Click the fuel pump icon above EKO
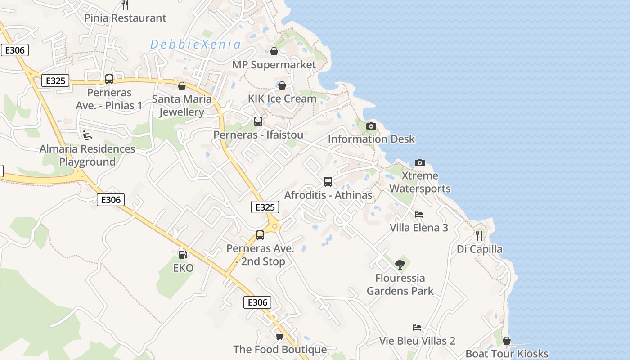[x=183, y=255]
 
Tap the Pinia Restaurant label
[x=126, y=18]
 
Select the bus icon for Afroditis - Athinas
[x=328, y=182]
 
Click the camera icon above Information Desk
[x=371, y=126]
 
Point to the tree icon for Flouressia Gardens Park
[x=400, y=265]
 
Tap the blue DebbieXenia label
[x=195, y=45]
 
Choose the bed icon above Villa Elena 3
[x=419, y=215]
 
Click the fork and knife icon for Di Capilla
[x=479, y=235]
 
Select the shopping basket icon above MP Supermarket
[x=274, y=51]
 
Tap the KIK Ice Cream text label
[x=282, y=99]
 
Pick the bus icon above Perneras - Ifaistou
[x=258, y=121]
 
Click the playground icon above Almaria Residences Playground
[x=87, y=135]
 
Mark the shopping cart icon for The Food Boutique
[x=280, y=336]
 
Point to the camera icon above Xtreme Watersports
[x=420, y=162]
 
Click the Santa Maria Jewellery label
[x=182, y=105]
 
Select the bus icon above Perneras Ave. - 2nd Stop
[x=260, y=235]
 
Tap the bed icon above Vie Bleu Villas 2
[x=417, y=328]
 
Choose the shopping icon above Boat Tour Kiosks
[x=507, y=341]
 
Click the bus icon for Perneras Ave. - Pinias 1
[x=109, y=79]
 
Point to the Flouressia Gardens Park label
[x=400, y=284]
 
